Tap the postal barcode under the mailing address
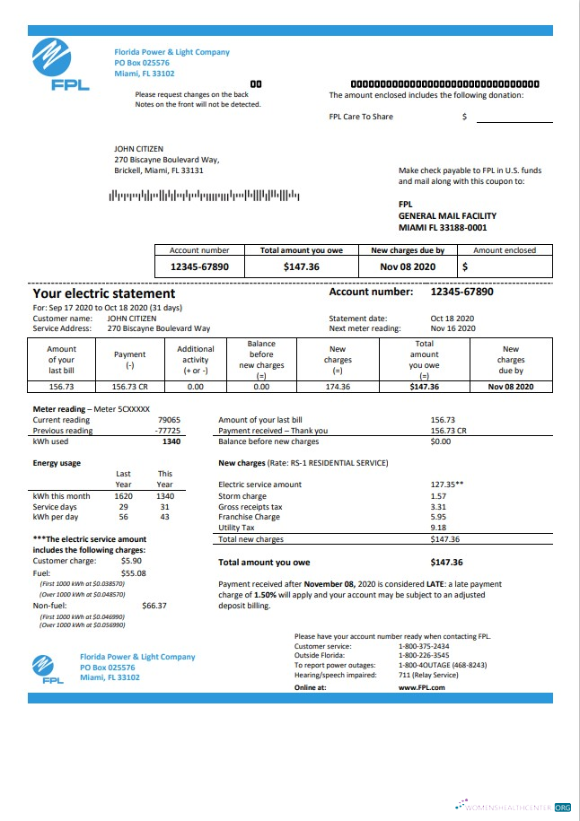(x=204, y=195)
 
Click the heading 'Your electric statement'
(x=104, y=293)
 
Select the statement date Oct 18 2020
(x=452, y=319)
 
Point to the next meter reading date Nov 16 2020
(x=453, y=328)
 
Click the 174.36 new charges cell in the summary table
(x=338, y=386)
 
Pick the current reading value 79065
(x=168, y=420)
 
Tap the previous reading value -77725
(x=167, y=430)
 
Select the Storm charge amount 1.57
(x=438, y=496)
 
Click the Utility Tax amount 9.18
(x=438, y=528)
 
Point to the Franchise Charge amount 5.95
(x=438, y=517)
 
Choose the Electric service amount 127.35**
(x=446, y=485)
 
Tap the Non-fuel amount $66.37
(x=154, y=606)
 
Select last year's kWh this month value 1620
(x=123, y=495)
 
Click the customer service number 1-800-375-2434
(x=424, y=646)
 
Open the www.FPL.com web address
(x=421, y=687)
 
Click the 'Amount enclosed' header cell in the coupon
(x=504, y=250)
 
